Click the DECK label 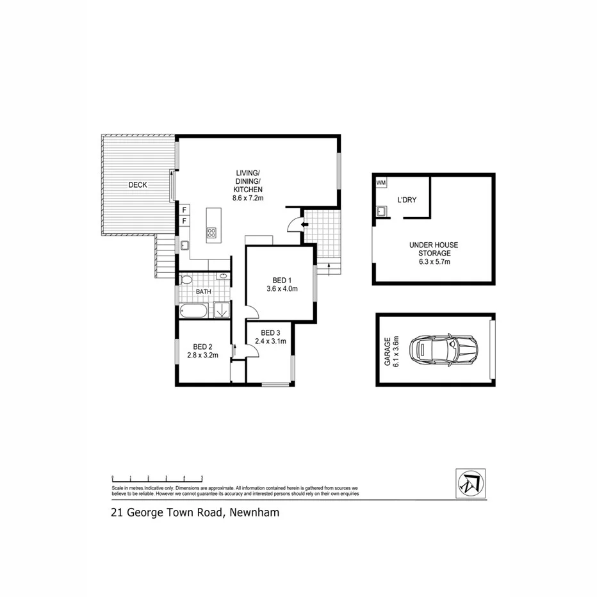(x=138, y=185)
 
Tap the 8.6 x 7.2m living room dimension (x=249, y=199)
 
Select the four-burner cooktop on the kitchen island (x=211, y=233)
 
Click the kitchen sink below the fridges (x=184, y=245)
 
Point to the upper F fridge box (x=184, y=209)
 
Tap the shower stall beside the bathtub (x=221, y=310)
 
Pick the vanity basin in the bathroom (x=222, y=277)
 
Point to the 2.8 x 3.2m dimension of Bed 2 (x=203, y=356)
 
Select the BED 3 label (x=270, y=332)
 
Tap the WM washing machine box (x=381, y=183)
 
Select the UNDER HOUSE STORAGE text (x=434, y=249)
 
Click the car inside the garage (x=444, y=350)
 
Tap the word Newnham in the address (x=254, y=512)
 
